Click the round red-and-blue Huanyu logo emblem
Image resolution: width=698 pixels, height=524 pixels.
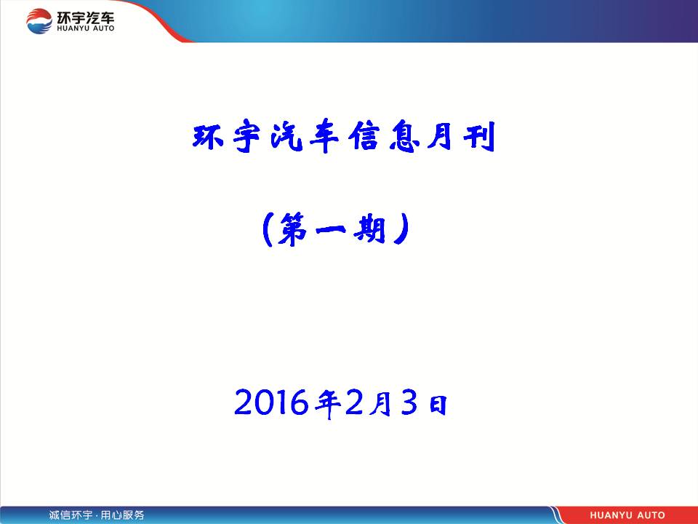tap(39, 21)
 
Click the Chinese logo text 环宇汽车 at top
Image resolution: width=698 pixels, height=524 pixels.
tap(86, 17)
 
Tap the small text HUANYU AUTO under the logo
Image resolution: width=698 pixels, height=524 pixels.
tap(86, 28)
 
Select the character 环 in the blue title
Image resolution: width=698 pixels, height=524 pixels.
tap(208, 136)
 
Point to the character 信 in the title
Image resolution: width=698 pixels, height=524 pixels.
tap(364, 135)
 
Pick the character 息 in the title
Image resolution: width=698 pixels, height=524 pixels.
tap(404, 135)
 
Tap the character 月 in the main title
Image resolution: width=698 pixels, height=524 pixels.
tap(441, 135)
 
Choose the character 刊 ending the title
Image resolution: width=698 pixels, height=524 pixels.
tap(479, 136)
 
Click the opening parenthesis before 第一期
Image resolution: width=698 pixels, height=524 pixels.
tap(267, 229)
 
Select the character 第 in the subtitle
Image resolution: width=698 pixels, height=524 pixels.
tap(292, 229)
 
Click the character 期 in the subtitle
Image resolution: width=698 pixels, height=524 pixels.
tap(369, 228)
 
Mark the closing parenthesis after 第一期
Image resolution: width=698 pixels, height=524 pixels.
tap(401, 229)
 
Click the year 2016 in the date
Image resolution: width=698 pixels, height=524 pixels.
tap(271, 402)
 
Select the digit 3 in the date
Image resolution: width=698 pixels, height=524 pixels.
tap(409, 402)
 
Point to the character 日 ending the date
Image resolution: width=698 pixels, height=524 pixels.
tap(438, 405)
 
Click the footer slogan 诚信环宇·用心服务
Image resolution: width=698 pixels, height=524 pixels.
tap(97, 515)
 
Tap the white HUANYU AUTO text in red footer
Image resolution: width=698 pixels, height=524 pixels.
tap(627, 515)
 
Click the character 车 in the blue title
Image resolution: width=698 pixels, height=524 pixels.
tap(324, 136)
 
